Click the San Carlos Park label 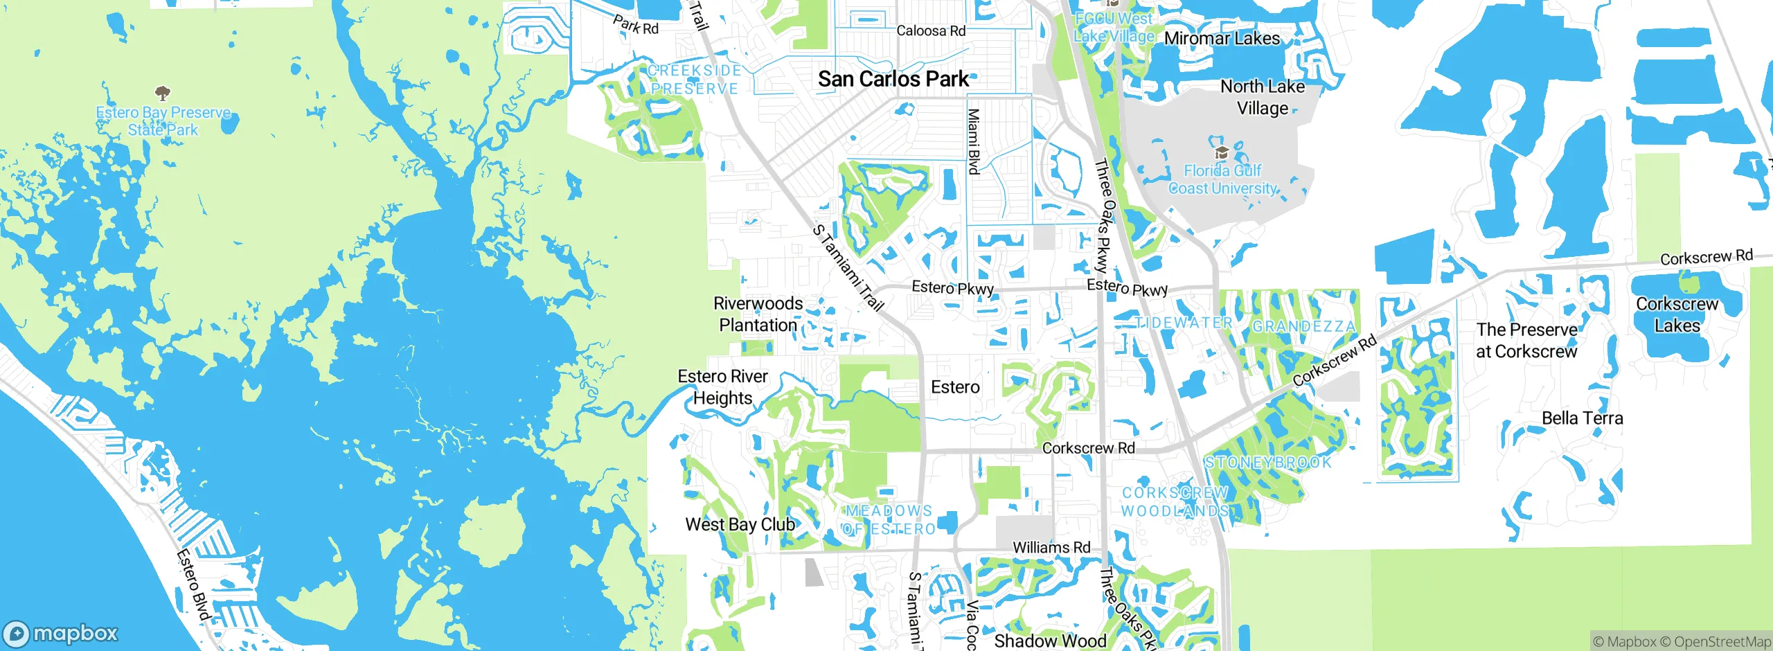pyautogui.click(x=893, y=80)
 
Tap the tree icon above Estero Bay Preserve pyautogui.click(x=162, y=93)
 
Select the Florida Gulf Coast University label pyautogui.click(x=1222, y=179)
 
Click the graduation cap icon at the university pyautogui.click(x=1222, y=152)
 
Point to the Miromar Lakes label pyautogui.click(x=1222, y=39)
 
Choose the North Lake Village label pyautogui.click(x=1263, y=98)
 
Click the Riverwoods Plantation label pyautogui.click(x=758, y=314)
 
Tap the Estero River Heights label pyautogui.click(x=722, y=387)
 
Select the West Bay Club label pyautogui.click(x=740, y=525)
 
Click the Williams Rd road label pyautogui.click(x=1051, y=548)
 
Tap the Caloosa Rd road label pyautogui.click(x=931, y=31)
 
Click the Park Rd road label pyautogui.click(x=636, y=26)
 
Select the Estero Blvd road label pyautogui.click(x=193, y=585)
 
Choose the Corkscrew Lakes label pyautogui.click(x=1677, y=315)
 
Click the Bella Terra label pyautogui.click(x=1582, y=418)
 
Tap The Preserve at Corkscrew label pyautogui.click(x=1526, y=341)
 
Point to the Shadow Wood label pyautogui.click(x=1050, y=641)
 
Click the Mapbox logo pyautogui.click(x=61, y=634)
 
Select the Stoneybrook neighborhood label pyautogui.click(x=1267, y=463)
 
